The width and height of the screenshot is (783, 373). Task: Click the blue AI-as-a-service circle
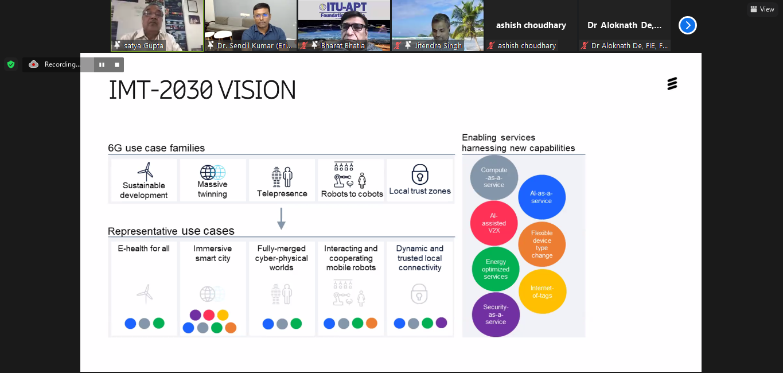click(x=542, y=197)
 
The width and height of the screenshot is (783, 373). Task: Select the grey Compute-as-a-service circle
click(x=494, y=177)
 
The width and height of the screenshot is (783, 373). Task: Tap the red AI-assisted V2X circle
click(x=494, y=223)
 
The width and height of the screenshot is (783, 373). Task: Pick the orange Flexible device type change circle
click(x=542, y=244)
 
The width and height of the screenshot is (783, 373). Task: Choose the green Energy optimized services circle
click(x=496, y=269)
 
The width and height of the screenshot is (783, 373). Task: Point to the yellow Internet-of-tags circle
click(x=542, y=292)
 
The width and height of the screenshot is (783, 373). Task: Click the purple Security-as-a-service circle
click(x=496, y=314)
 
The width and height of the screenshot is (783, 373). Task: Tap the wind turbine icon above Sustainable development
click(x=146, y=172)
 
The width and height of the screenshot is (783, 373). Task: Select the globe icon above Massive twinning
click(x=212, y=172)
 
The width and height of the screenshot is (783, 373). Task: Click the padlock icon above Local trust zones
click(x=420, y=174)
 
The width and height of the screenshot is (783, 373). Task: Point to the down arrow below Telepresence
click(x=282, y=219)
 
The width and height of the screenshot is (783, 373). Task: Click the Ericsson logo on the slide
click(x=672, y=84)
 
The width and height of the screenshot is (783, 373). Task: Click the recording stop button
click(x=117, y=65)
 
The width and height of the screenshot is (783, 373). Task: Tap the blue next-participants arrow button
click(x=688, y=25)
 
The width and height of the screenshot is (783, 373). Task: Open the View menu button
click(x=763, y=9)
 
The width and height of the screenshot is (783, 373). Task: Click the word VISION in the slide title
click(x=256, y=90)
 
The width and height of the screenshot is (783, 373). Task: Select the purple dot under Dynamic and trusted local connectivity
click(x=442, y=323)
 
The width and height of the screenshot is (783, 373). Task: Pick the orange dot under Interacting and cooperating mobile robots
click(x=372, y=323)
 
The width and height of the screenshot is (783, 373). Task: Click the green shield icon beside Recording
click(x=11, y=64)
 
